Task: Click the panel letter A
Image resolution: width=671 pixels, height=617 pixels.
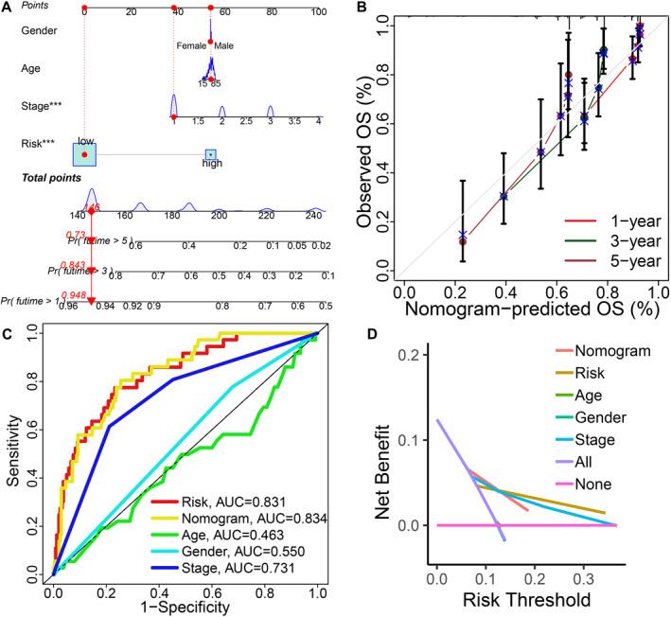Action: click(x=9, y=8)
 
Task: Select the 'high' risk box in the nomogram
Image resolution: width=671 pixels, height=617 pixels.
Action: click(x=210, y=155)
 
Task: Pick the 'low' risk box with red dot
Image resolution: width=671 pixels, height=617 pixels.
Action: click(x=85, y=153)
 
